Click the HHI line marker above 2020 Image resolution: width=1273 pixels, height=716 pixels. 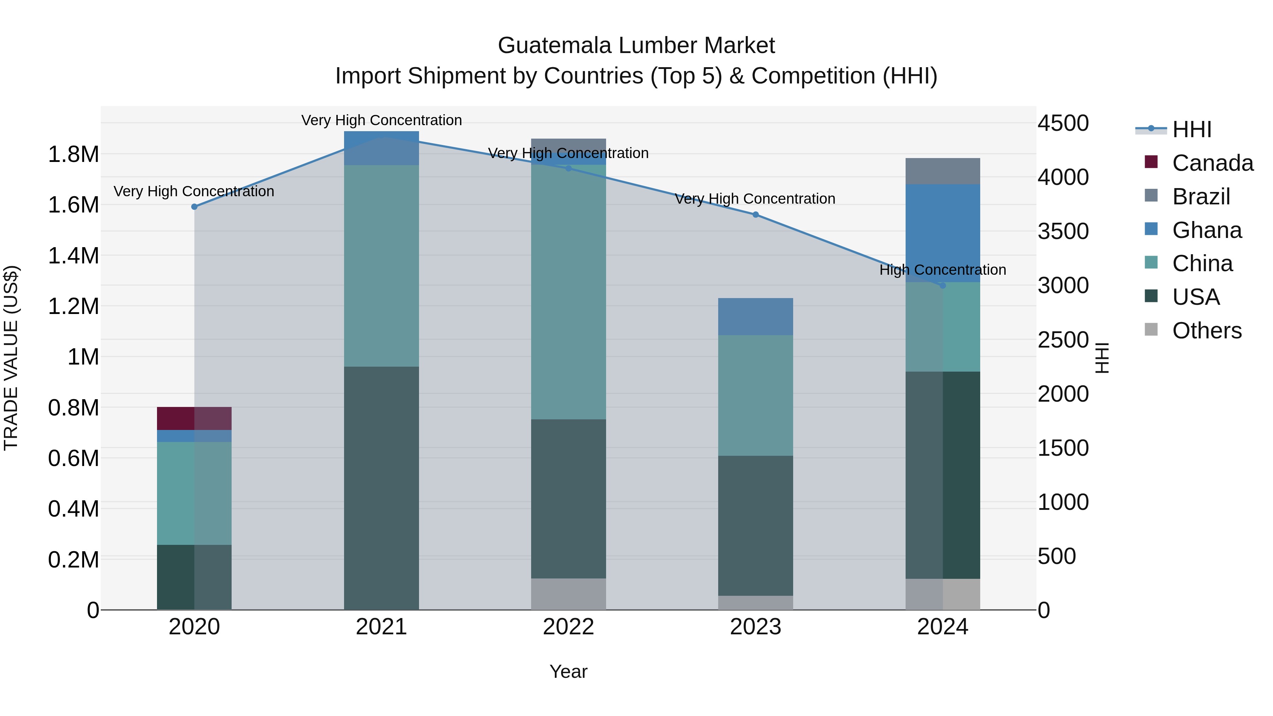(x=194, y=206)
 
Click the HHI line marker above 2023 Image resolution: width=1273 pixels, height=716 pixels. (x=755, y=215)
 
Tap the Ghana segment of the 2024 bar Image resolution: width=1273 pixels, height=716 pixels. (x=942, y=233)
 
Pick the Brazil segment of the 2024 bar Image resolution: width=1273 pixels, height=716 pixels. (x=942, y=171)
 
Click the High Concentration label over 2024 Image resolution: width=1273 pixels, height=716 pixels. (x=942, y=270)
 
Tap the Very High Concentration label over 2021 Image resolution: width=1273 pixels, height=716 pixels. (x=381, y=120)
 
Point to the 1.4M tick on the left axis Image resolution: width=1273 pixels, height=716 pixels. (x=73, y=256)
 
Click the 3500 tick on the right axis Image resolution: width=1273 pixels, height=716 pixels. (x=1063, y=231)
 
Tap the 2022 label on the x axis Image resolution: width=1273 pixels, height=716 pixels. (x=568, y=627)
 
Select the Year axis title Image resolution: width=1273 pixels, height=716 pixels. (x=568, y=671)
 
